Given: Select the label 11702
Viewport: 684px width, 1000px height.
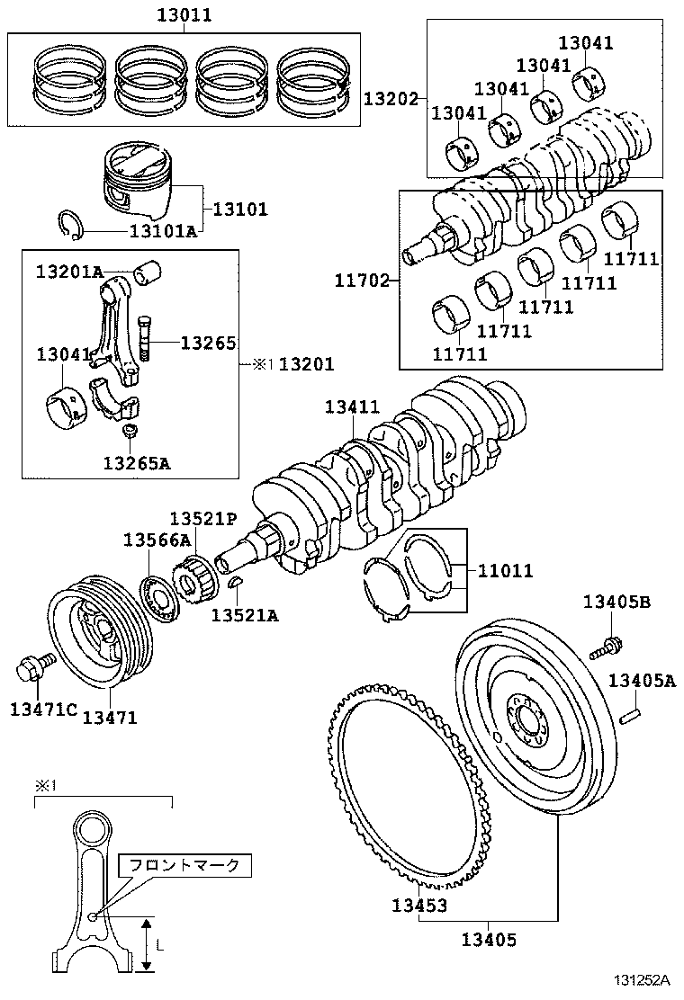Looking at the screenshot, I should pyautogui.click(x=365, y=281).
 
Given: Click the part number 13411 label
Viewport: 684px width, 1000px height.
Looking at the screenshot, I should pyautogui.click(x=353, y=407).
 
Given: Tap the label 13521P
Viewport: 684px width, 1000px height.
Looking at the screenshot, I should pyautogui.click(x=203, y=518).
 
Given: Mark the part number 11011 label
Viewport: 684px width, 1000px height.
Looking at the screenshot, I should pyautogui.click(x=505, y=570).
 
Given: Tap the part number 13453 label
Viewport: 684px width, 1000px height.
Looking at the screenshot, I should pyautogui.click(x=419, y=905).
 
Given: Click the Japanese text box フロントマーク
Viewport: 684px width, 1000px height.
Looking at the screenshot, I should pyautogui.click(x=184, y=865).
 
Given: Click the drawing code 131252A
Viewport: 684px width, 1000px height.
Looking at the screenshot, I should pyautogui.click(x=643, y=981).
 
